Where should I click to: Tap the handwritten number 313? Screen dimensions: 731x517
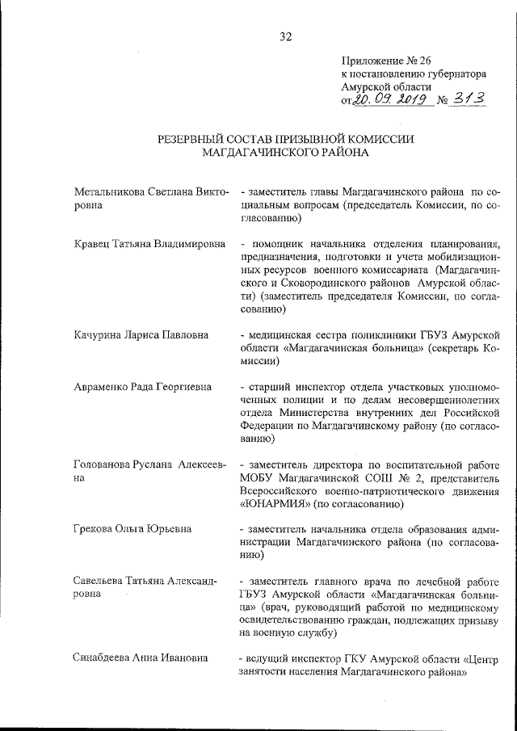click(473, 99)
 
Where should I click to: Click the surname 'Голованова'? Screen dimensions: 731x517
click(103, 465)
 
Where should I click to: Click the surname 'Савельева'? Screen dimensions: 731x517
click(99, 581)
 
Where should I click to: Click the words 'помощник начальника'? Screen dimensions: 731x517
click(304, 244)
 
